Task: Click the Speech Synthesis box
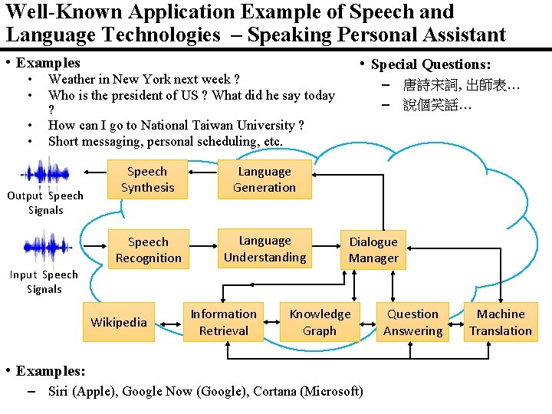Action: click(147, 179)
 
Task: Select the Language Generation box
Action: click(264, 179)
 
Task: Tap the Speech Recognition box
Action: click(148, 250)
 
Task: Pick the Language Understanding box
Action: click(264, 249)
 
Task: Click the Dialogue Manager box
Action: click(373, 250)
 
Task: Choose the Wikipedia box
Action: click(119, 322)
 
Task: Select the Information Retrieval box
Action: click(223, 322)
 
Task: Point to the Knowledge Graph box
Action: click(320, 322)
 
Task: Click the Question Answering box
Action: click(412, 322)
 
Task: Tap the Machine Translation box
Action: click(501, 322)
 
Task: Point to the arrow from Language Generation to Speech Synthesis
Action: click(202, 179)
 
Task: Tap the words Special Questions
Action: click(431, 64)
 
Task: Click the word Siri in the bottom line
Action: click(58, 391)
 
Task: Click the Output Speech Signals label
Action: click(45, 202)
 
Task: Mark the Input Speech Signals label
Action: click(44, 281)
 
